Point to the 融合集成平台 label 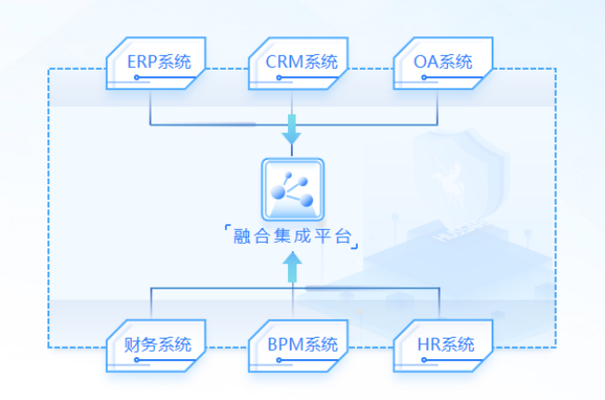(292, 236)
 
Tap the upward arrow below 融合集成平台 (293, 269)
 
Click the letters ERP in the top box (142, 63)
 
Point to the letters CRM (283, 63)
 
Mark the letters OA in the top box (427, 63)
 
